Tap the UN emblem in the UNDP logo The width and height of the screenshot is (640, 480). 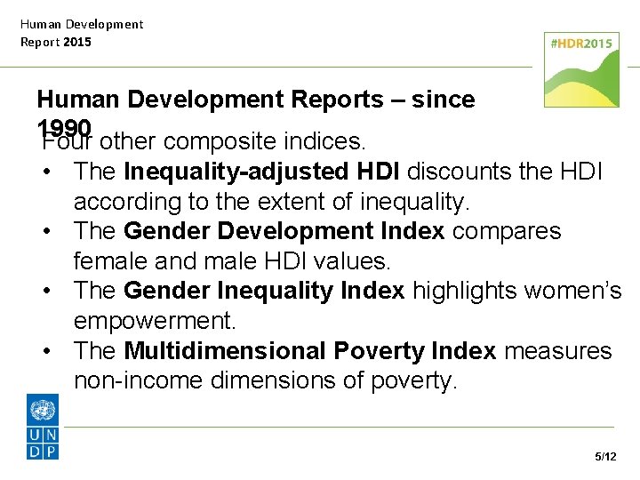tap(43, 410)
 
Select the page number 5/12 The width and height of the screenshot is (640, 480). tap(605, 457)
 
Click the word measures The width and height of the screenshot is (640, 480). tap(558, 351)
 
